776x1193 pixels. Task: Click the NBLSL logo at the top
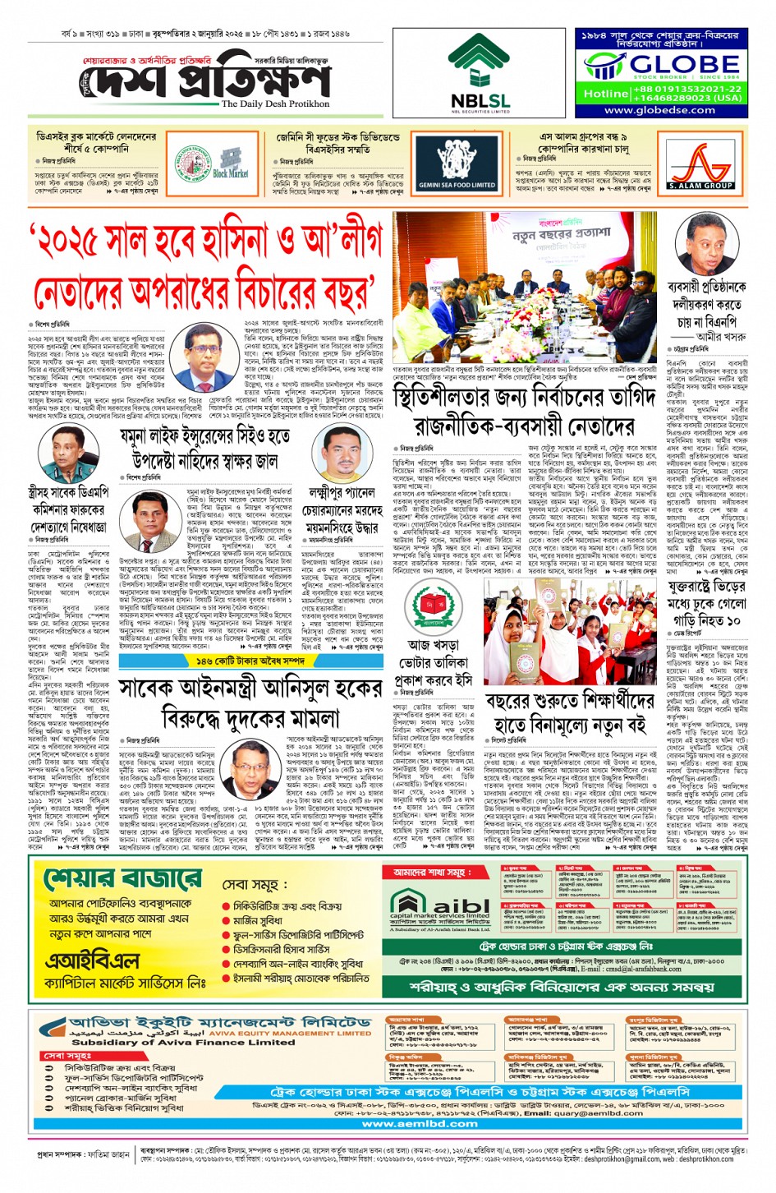click(x=480, y=73)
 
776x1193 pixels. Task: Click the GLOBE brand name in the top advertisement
click(x=673, y=64)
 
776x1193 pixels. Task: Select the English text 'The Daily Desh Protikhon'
click(x=275, y=104)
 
